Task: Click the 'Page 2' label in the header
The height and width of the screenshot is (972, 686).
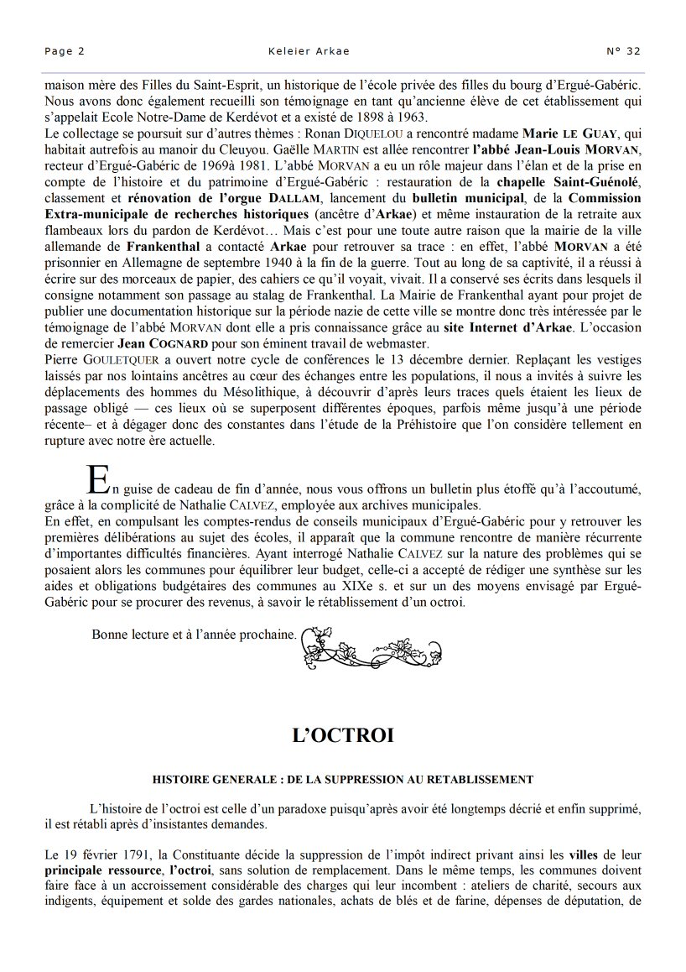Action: [x=65, y=51]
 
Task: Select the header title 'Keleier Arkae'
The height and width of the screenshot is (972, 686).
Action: [x=309, y=51]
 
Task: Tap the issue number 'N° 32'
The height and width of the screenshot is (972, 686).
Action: [x=623, y=51]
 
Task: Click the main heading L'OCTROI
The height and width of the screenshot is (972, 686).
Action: [x=342, y=735]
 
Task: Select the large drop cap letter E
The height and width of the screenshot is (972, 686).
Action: [x=98, y=479]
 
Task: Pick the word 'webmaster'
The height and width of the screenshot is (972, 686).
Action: [x=394, y=344]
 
